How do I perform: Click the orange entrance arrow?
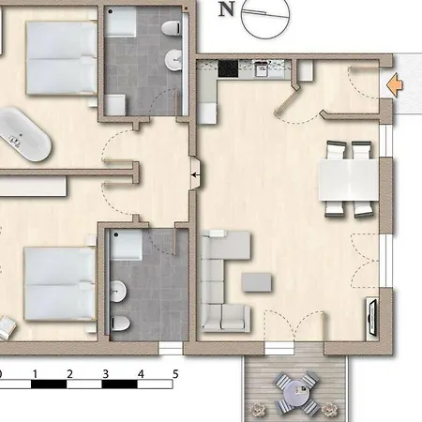(395, 84)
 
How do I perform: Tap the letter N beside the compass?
(226, 9)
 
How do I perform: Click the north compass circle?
(265, 16)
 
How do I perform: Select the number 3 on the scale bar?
(105, 374)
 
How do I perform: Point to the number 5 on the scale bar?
(175, 374)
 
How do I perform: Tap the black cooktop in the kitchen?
(228, 68)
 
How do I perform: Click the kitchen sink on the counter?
(262, 69)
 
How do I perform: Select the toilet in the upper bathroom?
(172, 27)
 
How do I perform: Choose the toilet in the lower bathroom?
(120, 323)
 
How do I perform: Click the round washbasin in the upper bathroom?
(173, 60)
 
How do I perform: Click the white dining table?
(349, 180)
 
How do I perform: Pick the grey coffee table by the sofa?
(257, 282)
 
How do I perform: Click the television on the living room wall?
(372, 317)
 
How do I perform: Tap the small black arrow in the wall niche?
(195, 174)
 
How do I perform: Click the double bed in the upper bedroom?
(61, 58)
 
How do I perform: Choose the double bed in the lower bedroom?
(59, 284)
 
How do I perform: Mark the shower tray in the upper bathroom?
(121, 21)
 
